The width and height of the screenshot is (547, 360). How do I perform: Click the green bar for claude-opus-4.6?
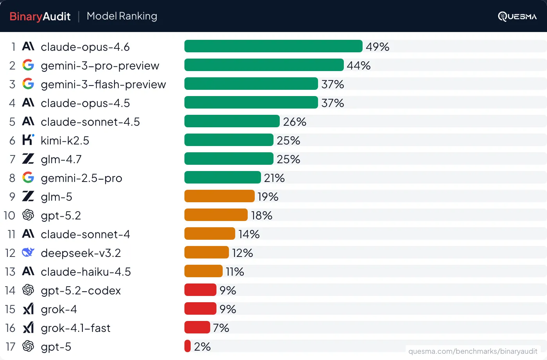point(273,46)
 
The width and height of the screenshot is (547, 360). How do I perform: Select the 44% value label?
point(358,65)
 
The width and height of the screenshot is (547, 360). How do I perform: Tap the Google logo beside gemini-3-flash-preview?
point(28,84)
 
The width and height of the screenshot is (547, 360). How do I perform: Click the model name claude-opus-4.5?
point(85,103)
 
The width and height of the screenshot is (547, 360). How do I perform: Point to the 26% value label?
point(295,122)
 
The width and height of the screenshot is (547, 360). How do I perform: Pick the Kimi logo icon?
point(28,140)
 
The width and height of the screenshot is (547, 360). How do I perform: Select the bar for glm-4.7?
point(229,159)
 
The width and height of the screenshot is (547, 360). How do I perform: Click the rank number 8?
point(12,178)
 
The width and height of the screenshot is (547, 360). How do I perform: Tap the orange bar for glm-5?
point(219,196)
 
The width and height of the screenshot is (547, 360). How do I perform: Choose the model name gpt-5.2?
point(61,216)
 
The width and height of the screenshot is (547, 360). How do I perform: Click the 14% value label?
point(249,234)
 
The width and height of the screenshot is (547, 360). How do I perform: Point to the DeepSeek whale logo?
point(28,253)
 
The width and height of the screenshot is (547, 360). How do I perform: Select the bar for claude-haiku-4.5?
point(203,271)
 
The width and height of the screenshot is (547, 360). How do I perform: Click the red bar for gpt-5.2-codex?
point(200,290)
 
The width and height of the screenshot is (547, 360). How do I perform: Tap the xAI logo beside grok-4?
point(28,309)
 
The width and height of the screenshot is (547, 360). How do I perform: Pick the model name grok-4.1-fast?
point(75,328)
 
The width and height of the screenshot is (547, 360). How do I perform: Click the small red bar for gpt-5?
point(188,346)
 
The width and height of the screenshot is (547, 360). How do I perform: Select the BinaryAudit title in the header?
point(40,16)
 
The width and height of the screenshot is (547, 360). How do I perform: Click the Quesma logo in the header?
point(517,16)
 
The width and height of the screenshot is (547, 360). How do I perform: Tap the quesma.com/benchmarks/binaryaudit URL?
point(473,351)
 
